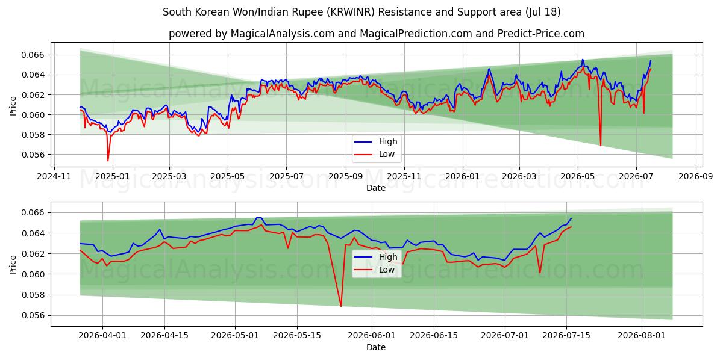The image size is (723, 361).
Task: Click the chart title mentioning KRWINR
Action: (361, 12)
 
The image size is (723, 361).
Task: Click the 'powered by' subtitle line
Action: (377, 34)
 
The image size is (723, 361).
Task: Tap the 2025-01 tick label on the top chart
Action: (113, 177)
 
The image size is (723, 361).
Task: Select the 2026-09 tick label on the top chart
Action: (695, 177)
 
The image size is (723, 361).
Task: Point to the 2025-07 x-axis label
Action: (286, 177)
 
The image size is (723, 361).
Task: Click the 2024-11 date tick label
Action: (54, 177)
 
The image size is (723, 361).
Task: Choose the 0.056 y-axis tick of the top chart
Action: (33, 155)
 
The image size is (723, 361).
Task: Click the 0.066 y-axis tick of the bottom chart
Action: (33, 213)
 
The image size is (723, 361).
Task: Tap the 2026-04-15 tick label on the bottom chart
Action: (164, 336)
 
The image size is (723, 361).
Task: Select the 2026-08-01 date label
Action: (642, 336)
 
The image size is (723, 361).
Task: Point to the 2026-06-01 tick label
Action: (372, 336)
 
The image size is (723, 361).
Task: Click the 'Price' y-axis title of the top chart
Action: (13, 106)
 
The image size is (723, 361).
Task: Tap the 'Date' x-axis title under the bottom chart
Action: (376, 347)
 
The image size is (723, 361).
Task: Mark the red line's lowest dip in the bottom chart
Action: (341, 306)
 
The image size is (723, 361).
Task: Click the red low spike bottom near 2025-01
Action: (108, 161)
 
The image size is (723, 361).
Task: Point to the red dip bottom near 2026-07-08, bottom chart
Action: (540, 273)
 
